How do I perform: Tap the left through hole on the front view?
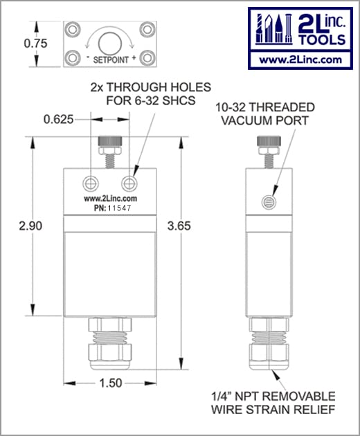coord(90,182)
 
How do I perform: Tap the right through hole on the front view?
coord(128,182)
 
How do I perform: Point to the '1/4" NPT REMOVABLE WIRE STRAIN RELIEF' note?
coord(273,403)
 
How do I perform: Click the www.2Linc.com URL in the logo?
coord(299,60)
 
